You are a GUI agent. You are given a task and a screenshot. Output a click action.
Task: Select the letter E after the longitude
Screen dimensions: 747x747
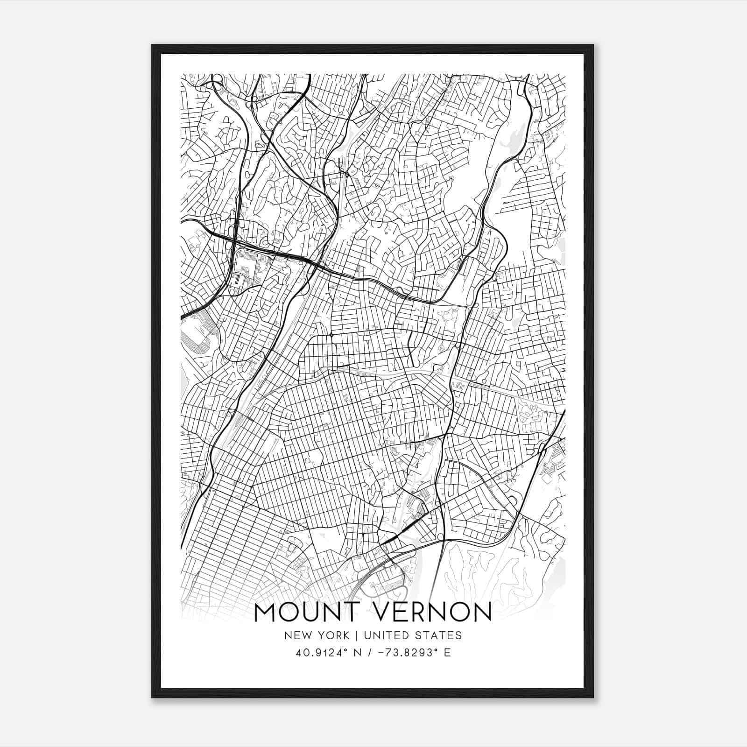click(x=447, y=653)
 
